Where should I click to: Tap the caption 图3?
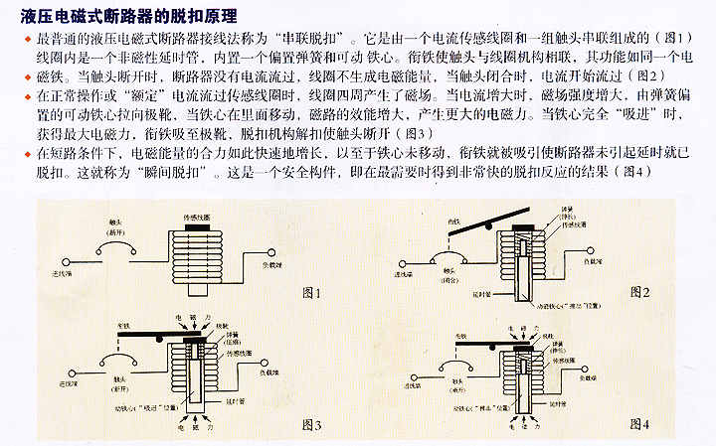(310, 424)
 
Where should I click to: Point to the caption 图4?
(639, 424)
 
